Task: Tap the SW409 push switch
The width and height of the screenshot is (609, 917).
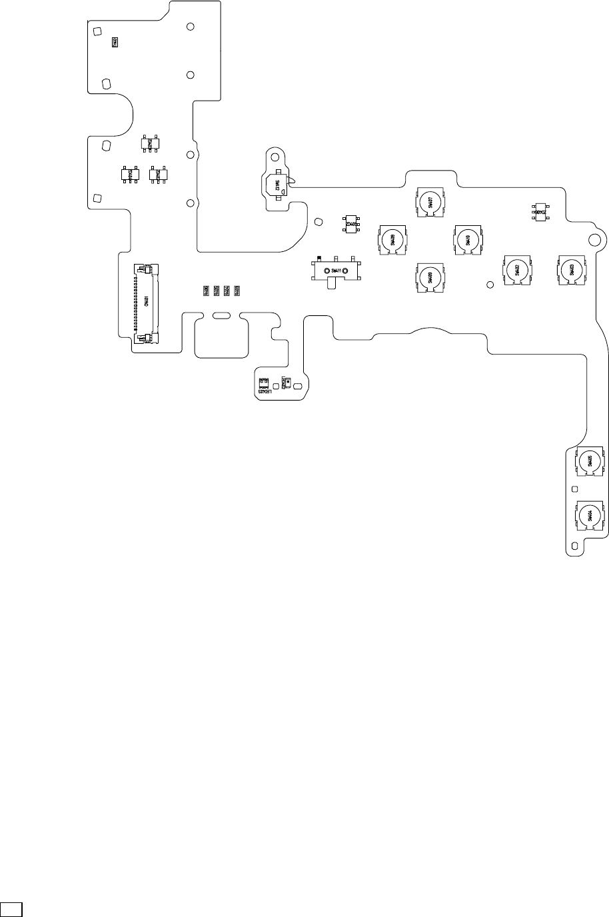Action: (x=430, y=277)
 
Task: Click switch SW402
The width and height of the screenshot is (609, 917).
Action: (x=517, y=270)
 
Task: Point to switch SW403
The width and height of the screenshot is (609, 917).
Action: (x=571, y=270)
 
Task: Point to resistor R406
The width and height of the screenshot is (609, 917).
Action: (x=206, y=291)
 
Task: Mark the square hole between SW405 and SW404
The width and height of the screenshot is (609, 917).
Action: (x=574, y=488)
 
